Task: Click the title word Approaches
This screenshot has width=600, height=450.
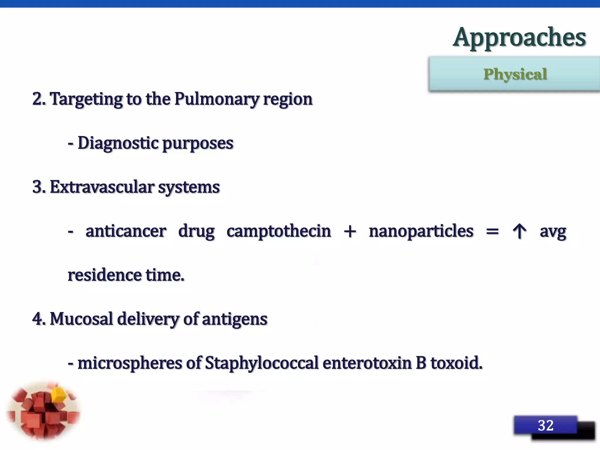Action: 519,37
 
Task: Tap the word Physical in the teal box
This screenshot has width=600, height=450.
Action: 515,74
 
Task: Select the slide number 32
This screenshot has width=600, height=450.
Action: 546,425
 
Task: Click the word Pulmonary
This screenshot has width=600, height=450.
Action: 217,99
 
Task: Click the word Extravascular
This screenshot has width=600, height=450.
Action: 102,187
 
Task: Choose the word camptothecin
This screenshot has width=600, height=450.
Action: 279,231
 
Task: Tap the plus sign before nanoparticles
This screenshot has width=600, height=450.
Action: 350,231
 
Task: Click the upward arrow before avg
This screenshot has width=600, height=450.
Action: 519,231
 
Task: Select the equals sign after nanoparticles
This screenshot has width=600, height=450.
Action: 492,231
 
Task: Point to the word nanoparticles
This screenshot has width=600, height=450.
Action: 421,231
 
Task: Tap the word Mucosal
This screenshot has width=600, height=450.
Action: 81,319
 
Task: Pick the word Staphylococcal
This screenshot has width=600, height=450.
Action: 261,363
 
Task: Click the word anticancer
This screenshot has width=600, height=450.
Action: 126,231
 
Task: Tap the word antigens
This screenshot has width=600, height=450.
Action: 234,319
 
